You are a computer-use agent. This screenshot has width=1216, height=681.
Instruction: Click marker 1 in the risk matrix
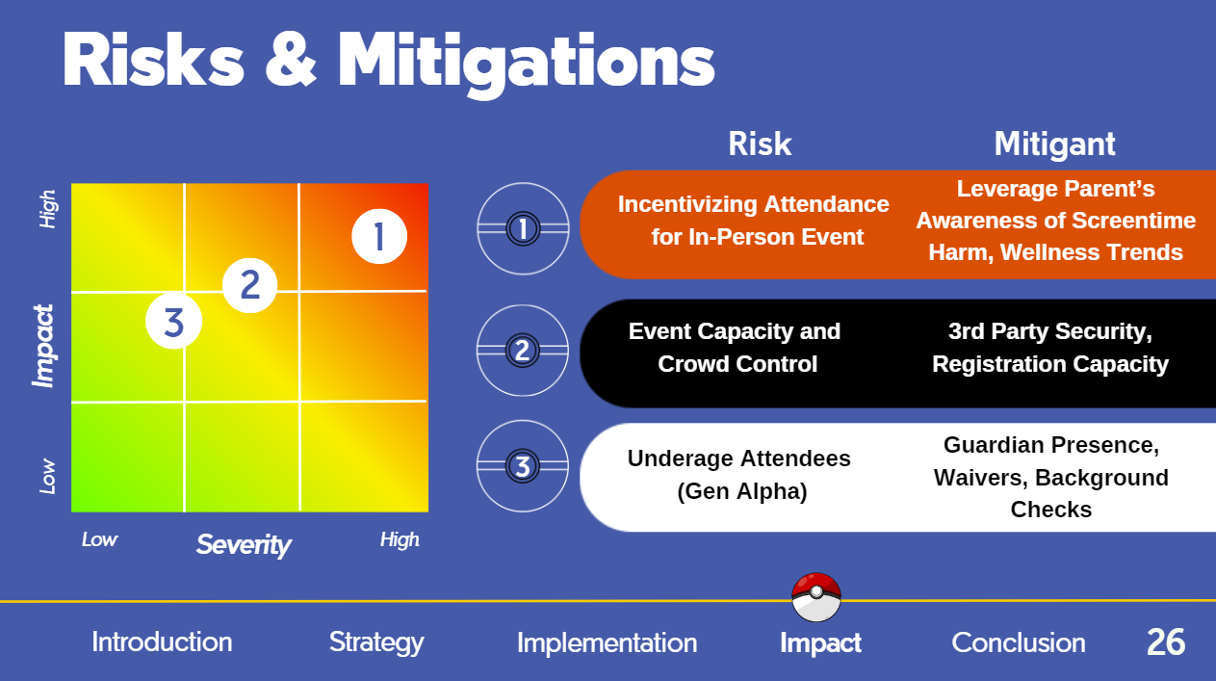(379, 236)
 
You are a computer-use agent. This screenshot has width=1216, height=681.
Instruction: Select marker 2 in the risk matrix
(249, 285)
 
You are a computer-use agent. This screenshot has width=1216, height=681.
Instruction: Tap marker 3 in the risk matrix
(173, 321)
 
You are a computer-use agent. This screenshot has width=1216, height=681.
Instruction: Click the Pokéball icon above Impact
(815, 597)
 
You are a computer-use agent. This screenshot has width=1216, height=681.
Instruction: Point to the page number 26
(1166, 642)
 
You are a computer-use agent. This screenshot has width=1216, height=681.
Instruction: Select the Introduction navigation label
(162, 642)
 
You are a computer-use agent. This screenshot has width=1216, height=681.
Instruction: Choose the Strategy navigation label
(376, 643)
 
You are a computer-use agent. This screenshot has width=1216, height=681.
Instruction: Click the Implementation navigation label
(607, 643)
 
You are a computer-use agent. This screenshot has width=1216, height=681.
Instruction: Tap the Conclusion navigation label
(1019, 642)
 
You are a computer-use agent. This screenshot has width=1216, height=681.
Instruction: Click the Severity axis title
(244, 544)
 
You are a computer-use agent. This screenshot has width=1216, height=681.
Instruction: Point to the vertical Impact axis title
(43, 347)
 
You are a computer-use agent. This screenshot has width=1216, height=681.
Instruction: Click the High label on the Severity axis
(400, 539)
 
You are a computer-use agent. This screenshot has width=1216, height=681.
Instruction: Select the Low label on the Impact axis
(48, 476)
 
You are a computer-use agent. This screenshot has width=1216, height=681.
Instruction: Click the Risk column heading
(760, 144)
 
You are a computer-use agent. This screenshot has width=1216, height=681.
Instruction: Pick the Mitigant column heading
(1055, 144)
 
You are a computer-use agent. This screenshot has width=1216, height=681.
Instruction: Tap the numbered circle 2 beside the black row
(522, 351)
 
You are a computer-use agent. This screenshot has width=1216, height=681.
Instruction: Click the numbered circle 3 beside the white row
(522, 466)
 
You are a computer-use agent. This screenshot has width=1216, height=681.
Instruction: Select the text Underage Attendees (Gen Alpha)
(739, 475)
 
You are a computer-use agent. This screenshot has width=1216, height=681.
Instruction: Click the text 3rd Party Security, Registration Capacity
(1050, 348)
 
